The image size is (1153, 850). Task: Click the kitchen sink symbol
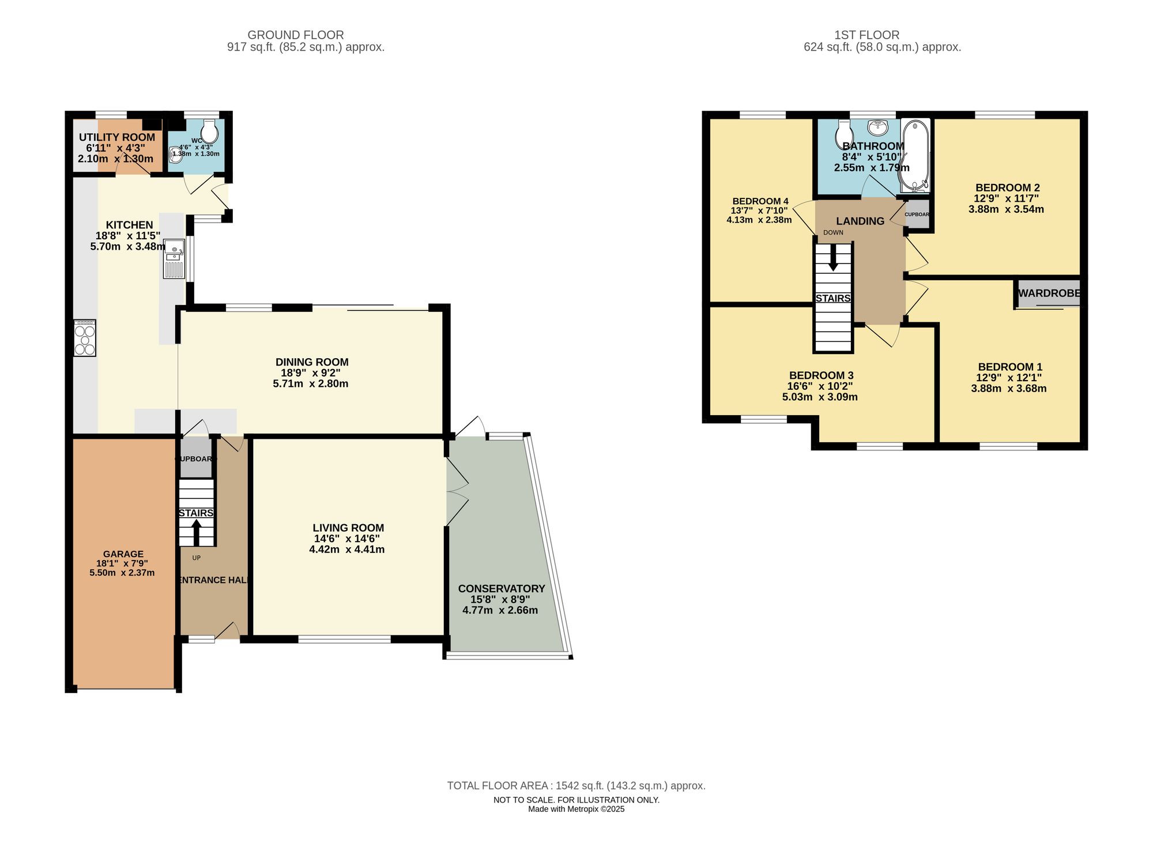[174, 259]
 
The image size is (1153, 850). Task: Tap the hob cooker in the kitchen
[85, 338]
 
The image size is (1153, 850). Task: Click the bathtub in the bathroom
[915, 155]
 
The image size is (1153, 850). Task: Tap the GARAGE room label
[123, 554]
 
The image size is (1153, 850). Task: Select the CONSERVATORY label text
[501, 589]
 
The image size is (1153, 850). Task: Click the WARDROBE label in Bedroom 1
[1049, 294]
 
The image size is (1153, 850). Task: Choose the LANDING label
[860, 221]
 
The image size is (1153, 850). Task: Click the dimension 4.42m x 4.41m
[347, 550]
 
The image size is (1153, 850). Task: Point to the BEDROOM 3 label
[821, 375]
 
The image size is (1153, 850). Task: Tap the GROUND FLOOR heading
[295, 35]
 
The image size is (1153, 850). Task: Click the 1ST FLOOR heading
[866, 35]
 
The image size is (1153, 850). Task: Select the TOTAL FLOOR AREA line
[576, 785]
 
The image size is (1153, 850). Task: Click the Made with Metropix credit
[576, 809]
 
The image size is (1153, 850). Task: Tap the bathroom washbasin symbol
[878, 126]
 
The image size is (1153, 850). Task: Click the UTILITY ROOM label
[117, 137]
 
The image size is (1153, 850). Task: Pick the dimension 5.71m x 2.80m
[311, 383]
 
